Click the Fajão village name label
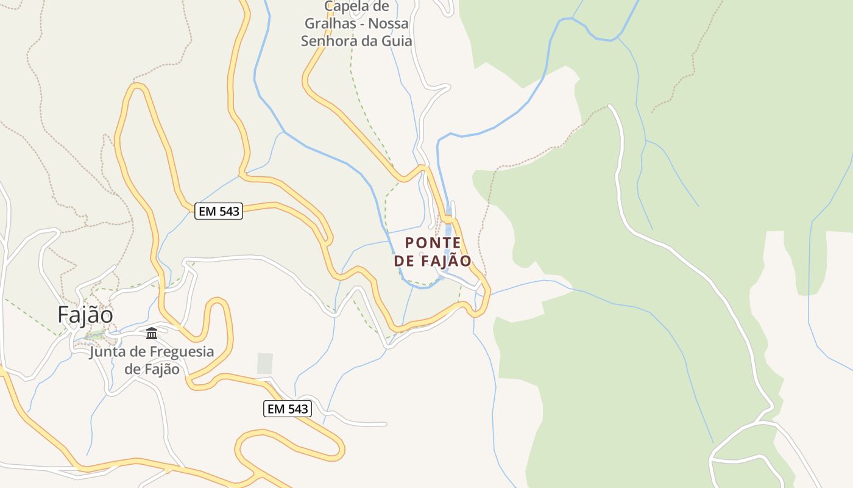(x=85, y=315)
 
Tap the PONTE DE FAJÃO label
(x=433, y=251)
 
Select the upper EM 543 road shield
(x=219, y=211)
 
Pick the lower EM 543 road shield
(x=288, y=409)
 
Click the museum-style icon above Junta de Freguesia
(x=152, y=333)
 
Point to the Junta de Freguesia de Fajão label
(x=152, y=361)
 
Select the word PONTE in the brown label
(x=433, y=243)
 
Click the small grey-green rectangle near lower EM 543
(x=264, y=363)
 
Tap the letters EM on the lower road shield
(x=275, y=409)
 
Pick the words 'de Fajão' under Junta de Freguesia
(x=152, y=369)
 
